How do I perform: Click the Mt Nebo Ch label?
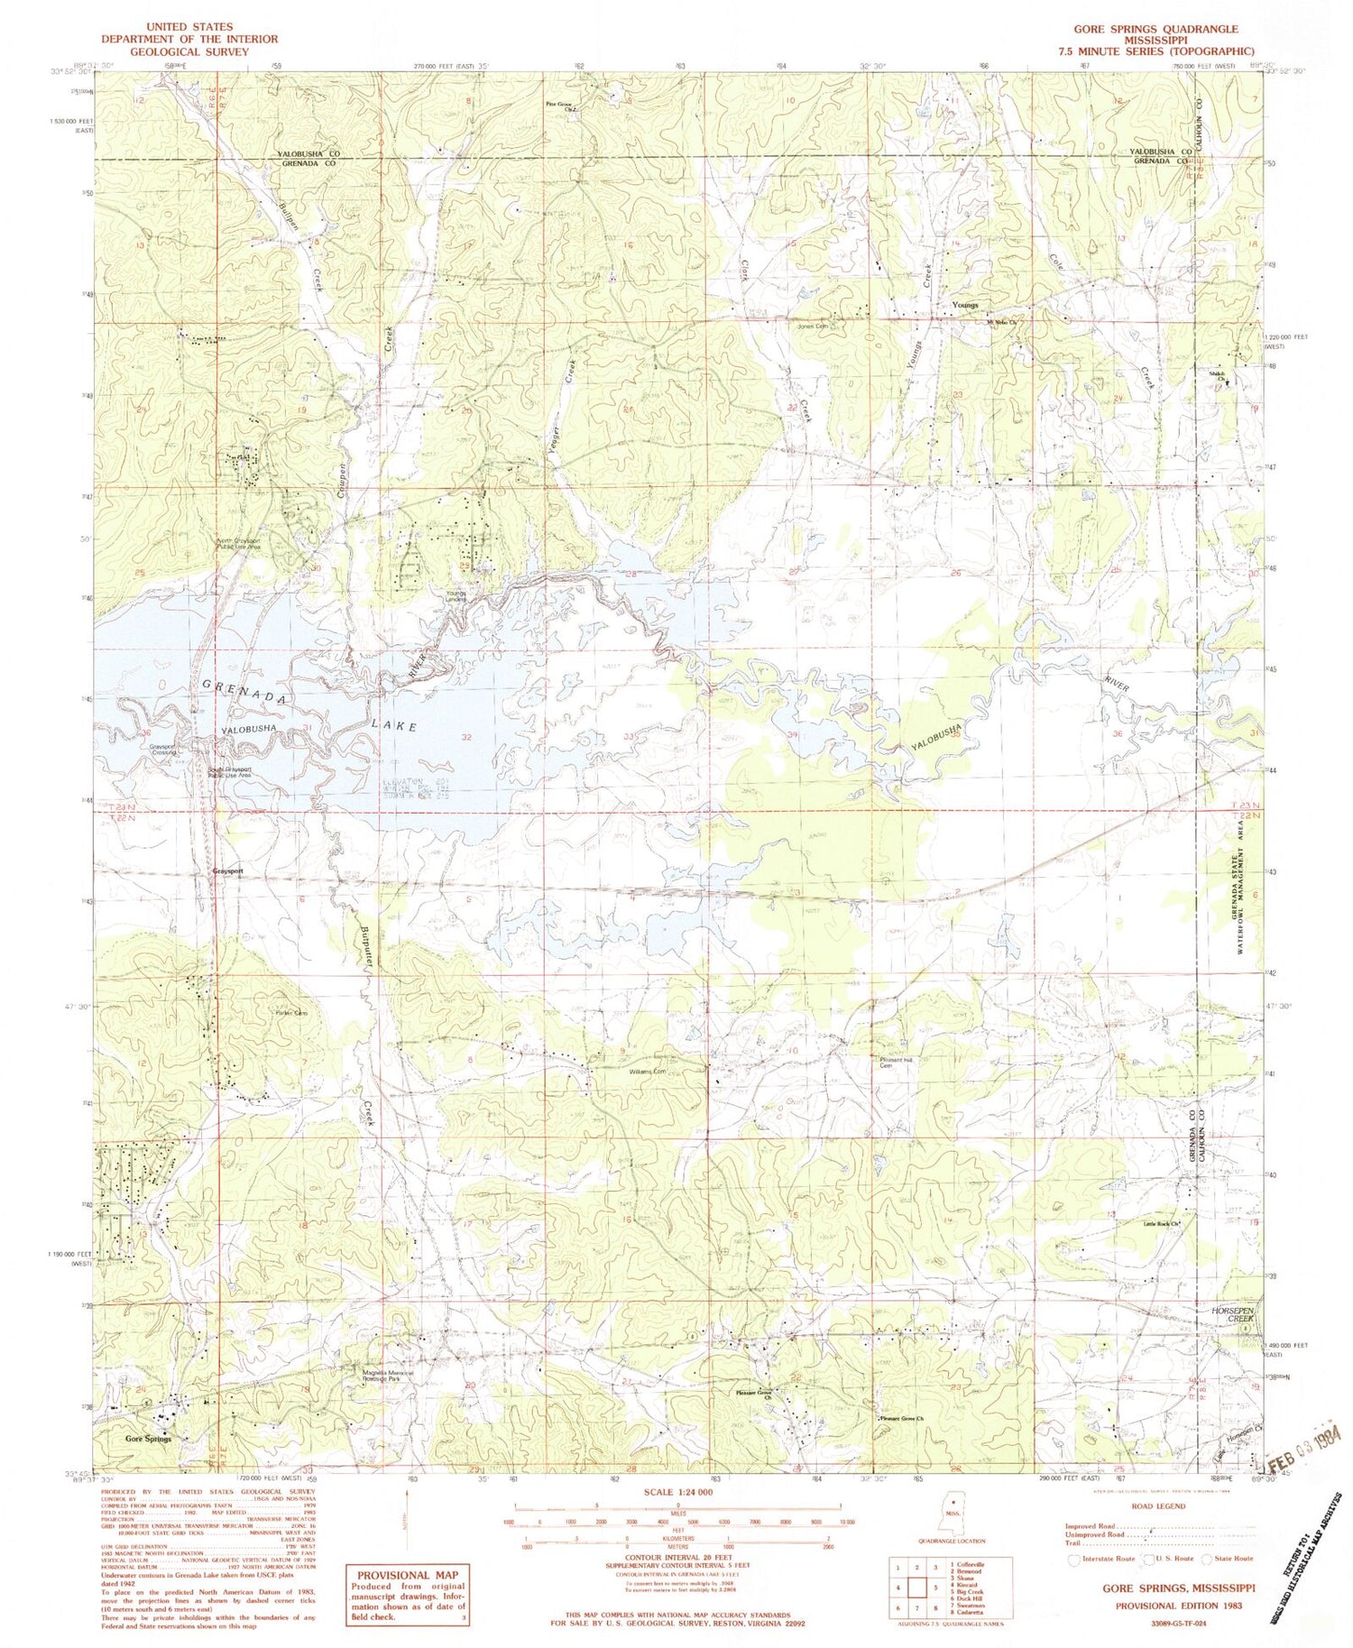click(999, 322)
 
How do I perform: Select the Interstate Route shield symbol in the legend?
click(1073, 1559)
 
